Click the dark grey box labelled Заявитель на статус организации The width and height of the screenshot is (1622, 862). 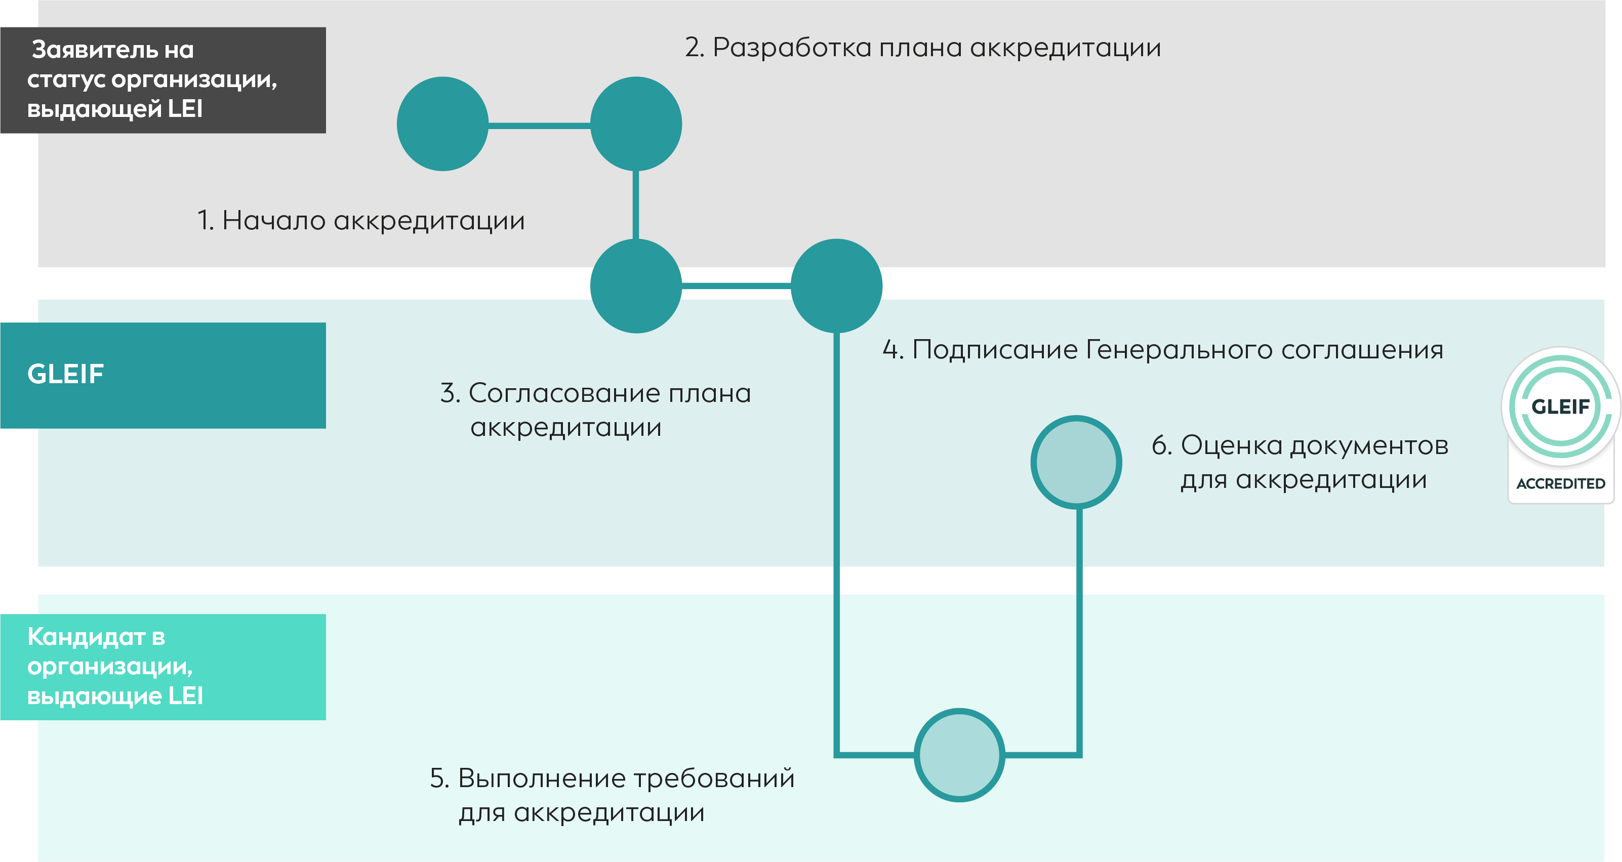point(163,80)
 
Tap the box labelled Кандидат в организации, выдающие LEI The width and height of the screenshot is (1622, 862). point(163,667)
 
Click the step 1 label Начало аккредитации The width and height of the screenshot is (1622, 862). point(361,220)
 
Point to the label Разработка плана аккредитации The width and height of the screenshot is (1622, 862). point(923,48)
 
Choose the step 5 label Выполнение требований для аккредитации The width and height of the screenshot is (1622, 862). point(612,795)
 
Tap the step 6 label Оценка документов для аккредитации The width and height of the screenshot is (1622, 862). point(1300,462)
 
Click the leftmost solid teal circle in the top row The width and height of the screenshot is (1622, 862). point(442,124)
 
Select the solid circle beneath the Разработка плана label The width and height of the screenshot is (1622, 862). point(636,124)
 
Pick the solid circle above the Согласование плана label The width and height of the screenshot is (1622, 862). point(636,286)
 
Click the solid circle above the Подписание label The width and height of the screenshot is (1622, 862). point(836,286)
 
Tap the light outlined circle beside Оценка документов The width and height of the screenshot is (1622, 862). point(1076,462)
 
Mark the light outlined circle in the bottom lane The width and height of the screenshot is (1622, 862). point(959,755)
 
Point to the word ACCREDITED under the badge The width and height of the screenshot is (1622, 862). point(1561,483)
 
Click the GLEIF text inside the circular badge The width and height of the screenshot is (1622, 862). point(1561,407)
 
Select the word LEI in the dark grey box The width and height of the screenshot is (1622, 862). point(185,109)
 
